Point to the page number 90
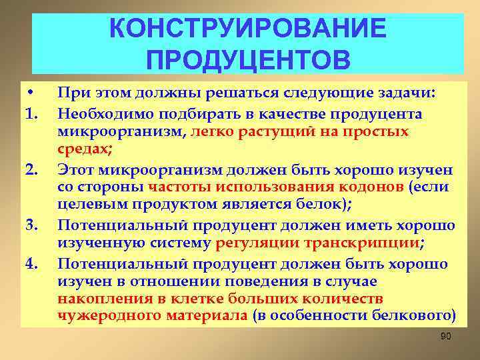point(446,336)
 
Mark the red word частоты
point(175,187)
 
